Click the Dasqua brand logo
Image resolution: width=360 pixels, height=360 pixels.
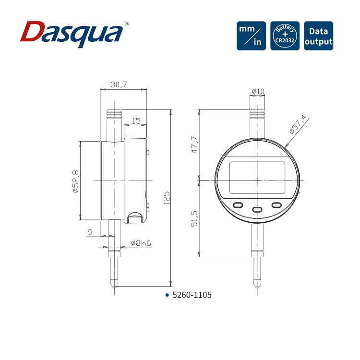pos(74,34)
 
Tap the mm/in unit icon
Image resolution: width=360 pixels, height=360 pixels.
pos(251,36)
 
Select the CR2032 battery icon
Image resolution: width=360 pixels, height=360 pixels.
pos(285,36)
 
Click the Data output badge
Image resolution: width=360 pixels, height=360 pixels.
pos(318,36)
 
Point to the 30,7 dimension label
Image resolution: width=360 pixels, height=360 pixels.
pos(119,84)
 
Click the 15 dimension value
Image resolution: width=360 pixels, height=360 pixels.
pos(136,121)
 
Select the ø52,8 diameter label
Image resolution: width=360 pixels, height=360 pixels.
pos(75,181)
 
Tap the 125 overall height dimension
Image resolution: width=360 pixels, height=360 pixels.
pos(167,198)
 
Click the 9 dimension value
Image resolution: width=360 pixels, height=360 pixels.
pos(90,232)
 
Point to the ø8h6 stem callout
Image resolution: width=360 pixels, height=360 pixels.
pos(141,243)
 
